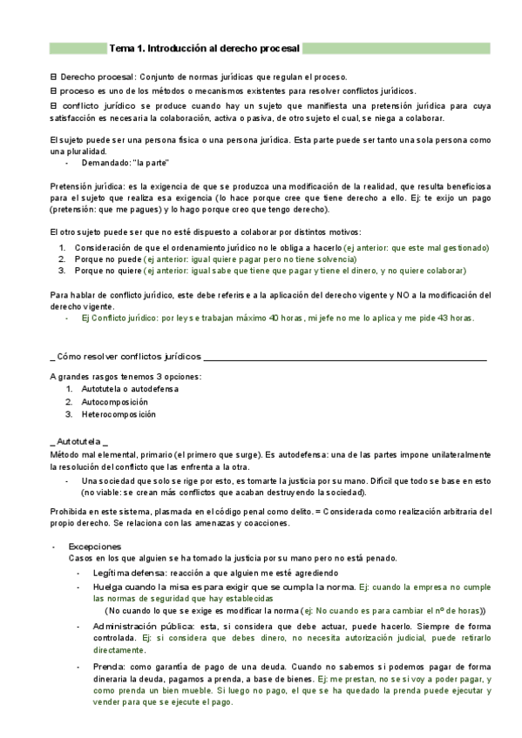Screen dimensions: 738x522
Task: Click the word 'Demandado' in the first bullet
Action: coord(105,163)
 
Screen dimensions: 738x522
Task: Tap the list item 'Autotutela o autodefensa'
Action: coord(129,388)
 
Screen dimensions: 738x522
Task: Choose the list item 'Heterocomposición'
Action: coord(119,414)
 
